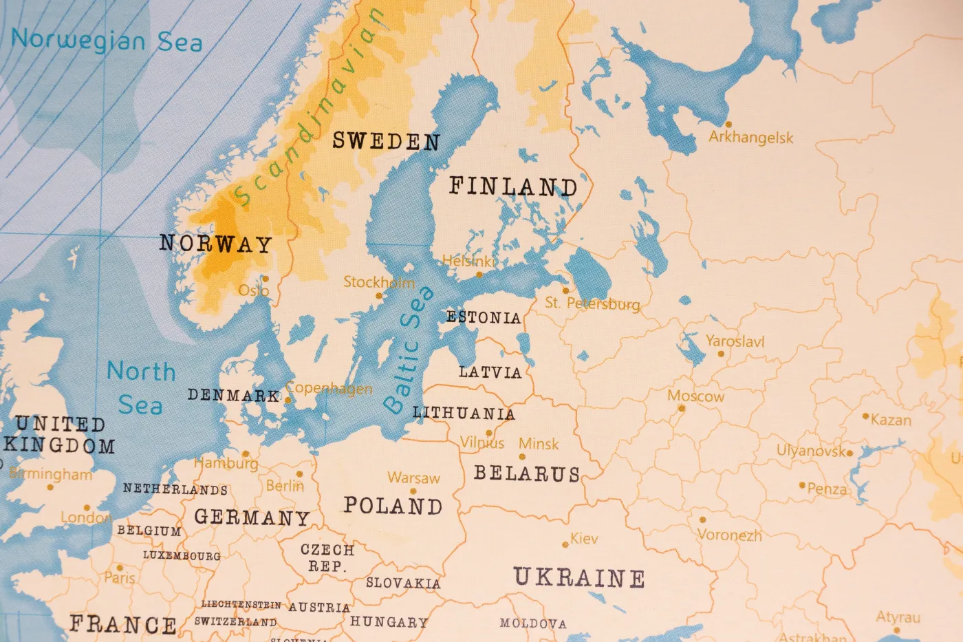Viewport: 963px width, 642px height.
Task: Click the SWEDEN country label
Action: (x=386, y=141)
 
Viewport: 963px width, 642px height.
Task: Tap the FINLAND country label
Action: (x=513, y=186)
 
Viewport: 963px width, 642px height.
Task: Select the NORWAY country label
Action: (x=215, y=244)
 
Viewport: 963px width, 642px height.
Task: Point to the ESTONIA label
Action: (x=483, y=317)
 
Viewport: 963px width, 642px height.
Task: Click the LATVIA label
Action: (x=490, y=372)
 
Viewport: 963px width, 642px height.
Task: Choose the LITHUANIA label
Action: (x=463, y=413)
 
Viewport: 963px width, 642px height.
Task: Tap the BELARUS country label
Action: (x=527, y=473)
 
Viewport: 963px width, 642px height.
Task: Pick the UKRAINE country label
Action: (x=579, y=577)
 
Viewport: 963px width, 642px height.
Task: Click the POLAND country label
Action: (x=393, y=506)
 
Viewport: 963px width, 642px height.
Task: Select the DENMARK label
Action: (x=233, y=396)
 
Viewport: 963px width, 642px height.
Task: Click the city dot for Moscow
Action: (x=682, y=408)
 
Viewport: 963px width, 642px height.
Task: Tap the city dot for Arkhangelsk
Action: (x=728, y=125)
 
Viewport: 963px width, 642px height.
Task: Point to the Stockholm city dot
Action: (x=378, y=296)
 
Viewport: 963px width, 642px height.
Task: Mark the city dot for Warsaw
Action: (x=413, y=491)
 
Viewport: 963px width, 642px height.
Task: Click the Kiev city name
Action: (x=584, y=539)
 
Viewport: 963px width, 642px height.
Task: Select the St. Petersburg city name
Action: (x=592, y=303)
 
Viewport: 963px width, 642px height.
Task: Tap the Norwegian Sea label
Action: (x=107, y=40)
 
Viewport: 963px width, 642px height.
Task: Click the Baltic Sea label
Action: (x=409, y=350)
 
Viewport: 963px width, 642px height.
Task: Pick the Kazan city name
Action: (x=891, y=420)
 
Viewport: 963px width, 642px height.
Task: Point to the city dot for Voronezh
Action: (x=702, y=520)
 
